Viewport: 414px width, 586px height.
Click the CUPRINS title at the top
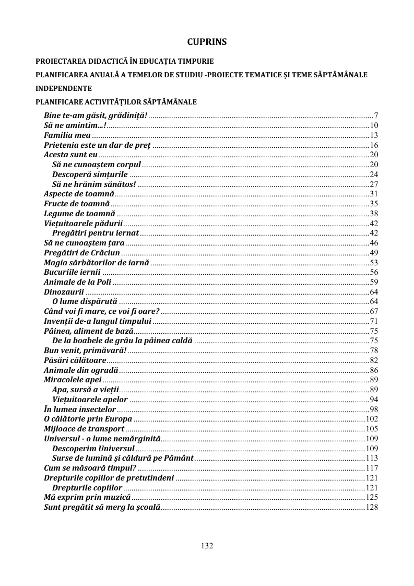coord(207,41)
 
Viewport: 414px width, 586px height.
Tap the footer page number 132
coord(207,546)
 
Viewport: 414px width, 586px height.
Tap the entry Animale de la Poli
coord(77,282)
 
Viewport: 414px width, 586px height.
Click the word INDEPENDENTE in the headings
coord(64,88)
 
